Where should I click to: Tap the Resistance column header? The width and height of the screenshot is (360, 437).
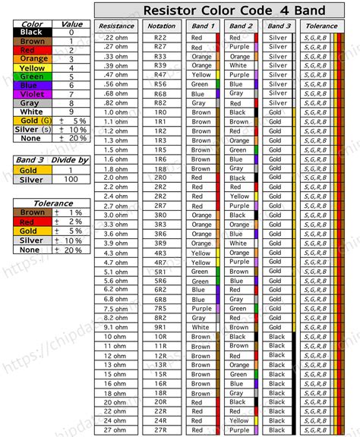(116, 26)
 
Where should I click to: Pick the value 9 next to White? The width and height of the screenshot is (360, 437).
(71, 112)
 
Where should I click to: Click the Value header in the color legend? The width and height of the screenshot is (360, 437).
(71, 24)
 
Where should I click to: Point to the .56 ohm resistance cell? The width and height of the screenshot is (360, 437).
(116, 84)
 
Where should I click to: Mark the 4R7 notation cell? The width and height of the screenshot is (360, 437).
(159, 262)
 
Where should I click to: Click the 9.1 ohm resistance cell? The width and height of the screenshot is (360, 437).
(116, 327)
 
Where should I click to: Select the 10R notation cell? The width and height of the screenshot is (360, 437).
(159, 337)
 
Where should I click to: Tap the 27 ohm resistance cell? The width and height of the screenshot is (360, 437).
(116, 430)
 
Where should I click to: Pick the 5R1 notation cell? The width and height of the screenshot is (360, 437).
(159, 272)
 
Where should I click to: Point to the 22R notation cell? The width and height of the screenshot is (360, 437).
(159, 411)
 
